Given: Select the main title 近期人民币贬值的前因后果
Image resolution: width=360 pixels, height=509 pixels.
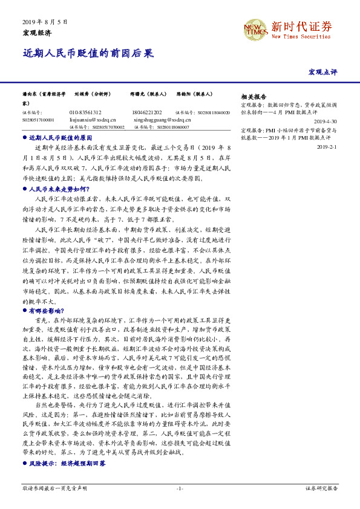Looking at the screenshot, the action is [x=88, y=53].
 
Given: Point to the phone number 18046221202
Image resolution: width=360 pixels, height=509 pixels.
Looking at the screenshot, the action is [x=146, y=112].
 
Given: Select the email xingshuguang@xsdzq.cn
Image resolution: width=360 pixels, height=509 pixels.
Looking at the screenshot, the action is [x=155, y=120].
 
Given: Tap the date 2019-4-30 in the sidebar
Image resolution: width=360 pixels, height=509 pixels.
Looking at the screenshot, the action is [x=326, y=121].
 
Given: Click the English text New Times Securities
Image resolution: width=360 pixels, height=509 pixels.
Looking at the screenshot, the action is [x=301, y=37].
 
